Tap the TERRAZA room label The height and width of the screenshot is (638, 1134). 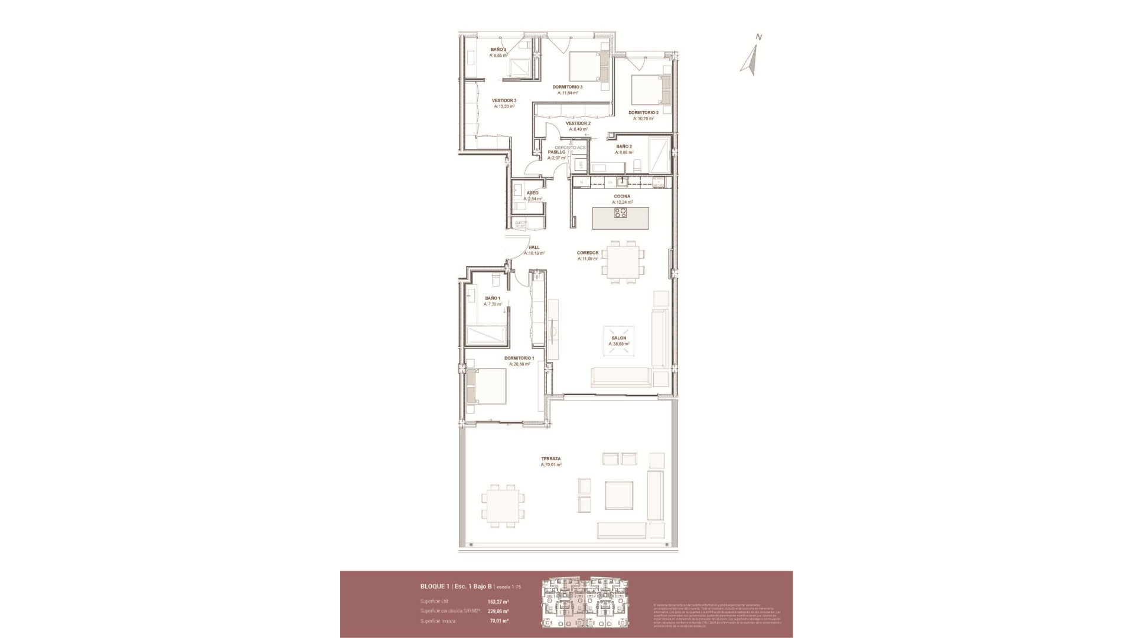550,458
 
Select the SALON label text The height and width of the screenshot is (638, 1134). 618,338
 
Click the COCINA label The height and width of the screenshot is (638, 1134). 621,196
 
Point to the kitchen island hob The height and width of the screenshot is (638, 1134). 620,214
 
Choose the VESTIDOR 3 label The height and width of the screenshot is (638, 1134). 504,100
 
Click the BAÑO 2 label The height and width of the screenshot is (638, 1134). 624,146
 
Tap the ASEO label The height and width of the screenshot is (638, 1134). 532,193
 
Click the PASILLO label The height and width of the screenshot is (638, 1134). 556,152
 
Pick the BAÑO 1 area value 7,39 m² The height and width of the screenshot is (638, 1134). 493,305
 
